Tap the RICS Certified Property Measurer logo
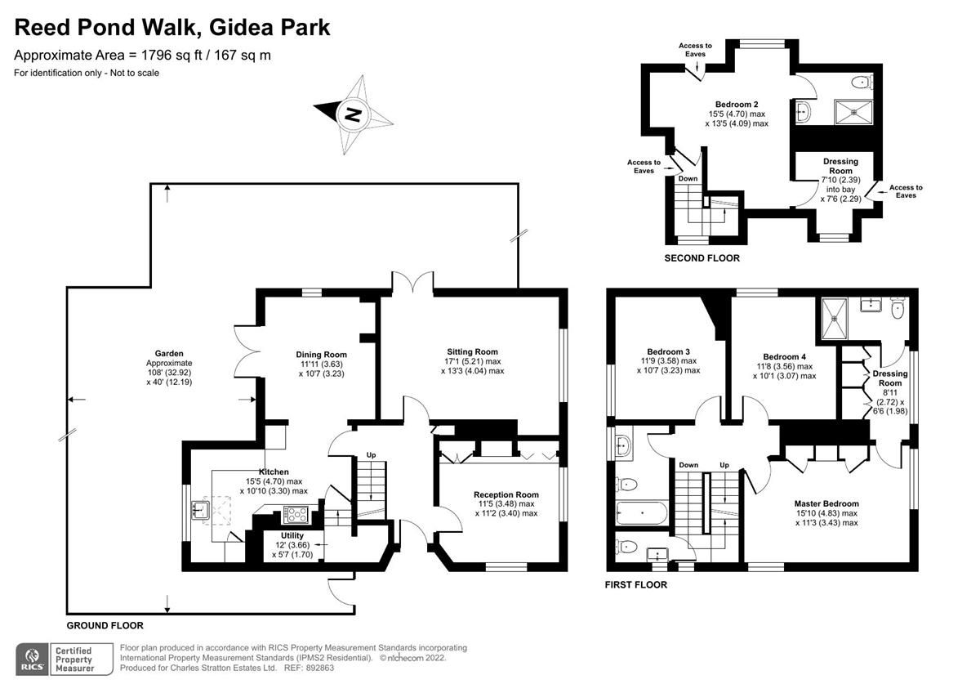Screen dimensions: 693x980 click(x=56, y=658)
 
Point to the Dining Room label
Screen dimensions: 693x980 click(x=321, y=355)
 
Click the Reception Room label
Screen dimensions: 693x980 click(x=506, y=494)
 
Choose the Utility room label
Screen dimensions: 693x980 click(x=292, y=536)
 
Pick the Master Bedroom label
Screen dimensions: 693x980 click(x=826, y=503)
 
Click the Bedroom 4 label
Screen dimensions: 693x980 click(x=784, y=356)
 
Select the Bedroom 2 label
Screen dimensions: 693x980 click(x=737, y=105)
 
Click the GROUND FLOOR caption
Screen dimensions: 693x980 click(x=105, y=625)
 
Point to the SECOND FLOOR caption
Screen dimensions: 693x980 click(x=702, y=258)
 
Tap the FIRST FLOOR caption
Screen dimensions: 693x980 click(x=635, y=584)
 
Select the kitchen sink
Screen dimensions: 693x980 click(x=199, y=512)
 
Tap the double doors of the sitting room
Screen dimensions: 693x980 click(x=412, y=283)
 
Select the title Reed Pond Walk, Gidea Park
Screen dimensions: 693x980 click(x=172, y=27)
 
